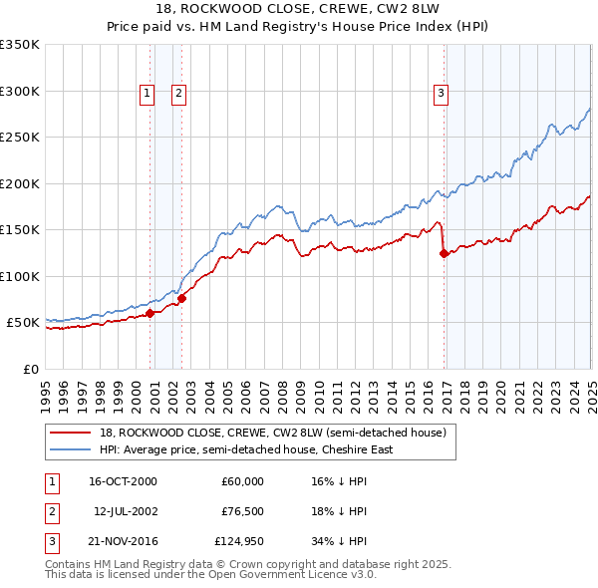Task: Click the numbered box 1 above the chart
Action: click(147, 94)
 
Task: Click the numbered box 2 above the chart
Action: click(178, 94)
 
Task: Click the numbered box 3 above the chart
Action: click(441, 94)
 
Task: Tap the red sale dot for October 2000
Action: click(150, 313)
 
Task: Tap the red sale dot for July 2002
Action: click(182, 298)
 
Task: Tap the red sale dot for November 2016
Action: click(445, 253)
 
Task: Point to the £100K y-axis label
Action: click(20, 276)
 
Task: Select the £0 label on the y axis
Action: click(29, 369)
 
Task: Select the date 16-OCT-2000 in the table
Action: click(123, 481)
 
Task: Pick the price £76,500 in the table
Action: click(242, 511)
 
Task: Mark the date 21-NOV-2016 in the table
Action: click(123, 541)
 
